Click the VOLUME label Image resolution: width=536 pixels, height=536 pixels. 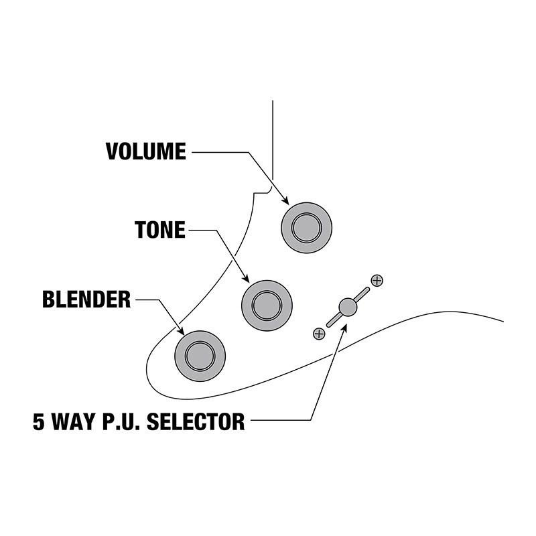(x=145, y=151)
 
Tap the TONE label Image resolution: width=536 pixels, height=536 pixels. (x=159, y=230)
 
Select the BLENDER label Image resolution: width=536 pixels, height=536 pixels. (x=86, y=299)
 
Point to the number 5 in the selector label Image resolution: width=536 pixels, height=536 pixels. (x=39, y=423)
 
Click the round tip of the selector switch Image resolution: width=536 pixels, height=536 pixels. (x=347, y=307)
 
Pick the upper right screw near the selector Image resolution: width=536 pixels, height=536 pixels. (x=377, y=280)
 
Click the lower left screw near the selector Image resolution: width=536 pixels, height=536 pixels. (x=319, y=333)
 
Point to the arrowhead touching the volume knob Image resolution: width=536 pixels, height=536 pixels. (x=285, y=200)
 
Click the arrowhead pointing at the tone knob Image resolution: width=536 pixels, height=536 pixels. (x=246, y=279)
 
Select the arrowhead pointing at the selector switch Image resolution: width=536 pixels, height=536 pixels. (x=344, y=327)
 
